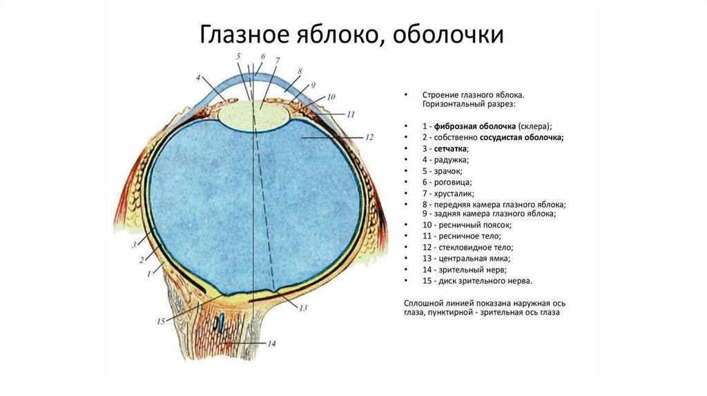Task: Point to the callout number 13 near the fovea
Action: coord(302,308)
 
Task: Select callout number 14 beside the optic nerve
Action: coord(271,344)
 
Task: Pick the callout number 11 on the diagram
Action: coord(350,114)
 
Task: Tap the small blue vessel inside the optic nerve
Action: coord(220,322)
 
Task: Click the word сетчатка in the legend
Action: coord(451,149)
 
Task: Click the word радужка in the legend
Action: coord(450,160)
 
